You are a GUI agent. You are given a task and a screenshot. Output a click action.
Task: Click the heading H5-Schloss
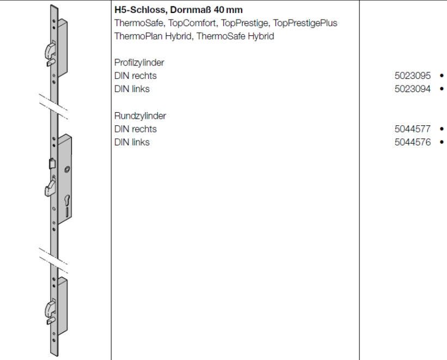139,10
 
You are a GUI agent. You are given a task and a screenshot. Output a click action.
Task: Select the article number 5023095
413,76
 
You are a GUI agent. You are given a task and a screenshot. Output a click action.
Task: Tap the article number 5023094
413,89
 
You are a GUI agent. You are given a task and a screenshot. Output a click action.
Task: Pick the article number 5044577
413,129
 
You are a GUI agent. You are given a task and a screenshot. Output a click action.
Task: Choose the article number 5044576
413,142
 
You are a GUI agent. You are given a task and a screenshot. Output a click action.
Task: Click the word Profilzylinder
139,63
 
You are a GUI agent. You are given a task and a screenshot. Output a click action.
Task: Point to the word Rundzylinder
140,116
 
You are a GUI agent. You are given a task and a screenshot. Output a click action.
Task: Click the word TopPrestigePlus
305,23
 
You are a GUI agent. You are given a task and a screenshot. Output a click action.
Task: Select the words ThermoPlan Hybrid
152,36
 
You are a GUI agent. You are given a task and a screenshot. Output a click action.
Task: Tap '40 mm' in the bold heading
228,10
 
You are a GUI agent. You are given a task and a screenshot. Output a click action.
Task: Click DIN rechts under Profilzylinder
136,76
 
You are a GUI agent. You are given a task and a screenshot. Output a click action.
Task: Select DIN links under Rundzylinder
132,142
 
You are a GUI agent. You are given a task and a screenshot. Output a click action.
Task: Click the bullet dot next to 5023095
442,76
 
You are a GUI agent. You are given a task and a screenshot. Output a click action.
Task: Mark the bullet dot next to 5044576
442,142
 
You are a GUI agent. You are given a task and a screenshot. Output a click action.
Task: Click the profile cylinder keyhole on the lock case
67,201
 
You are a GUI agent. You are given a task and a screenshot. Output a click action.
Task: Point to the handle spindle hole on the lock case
67,169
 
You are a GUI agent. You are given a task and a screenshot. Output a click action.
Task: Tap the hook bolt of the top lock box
50,50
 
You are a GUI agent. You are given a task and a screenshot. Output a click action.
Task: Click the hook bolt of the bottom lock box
50,308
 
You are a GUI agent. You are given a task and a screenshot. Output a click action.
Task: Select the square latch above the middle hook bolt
52,164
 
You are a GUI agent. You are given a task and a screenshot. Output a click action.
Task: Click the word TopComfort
192,23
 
